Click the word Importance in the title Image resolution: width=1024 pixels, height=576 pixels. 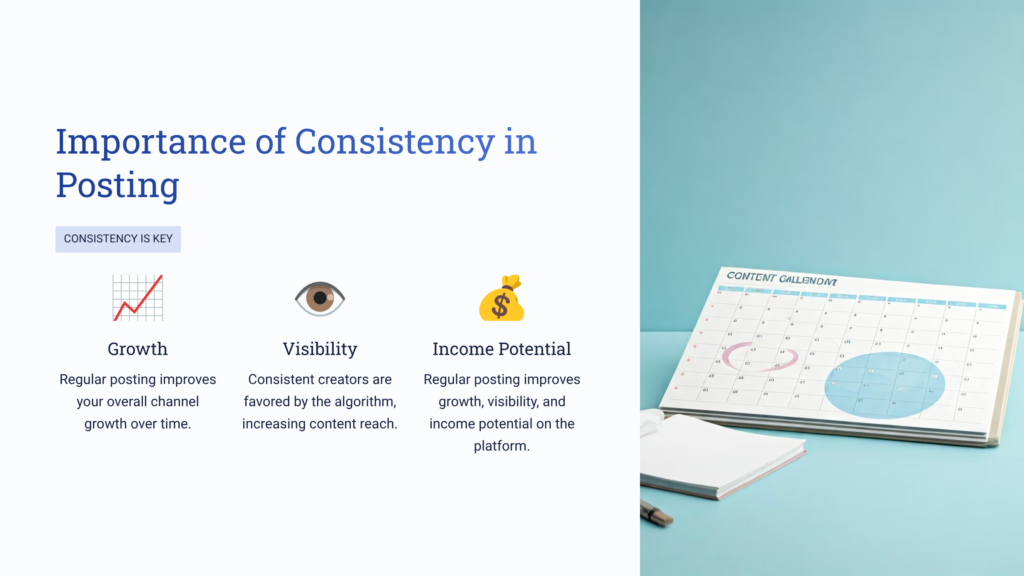point(150,142)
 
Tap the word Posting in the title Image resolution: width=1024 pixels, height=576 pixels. point(117,185)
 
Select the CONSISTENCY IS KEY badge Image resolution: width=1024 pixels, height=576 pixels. point(118,239)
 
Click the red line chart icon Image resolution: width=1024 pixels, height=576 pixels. point(137,298)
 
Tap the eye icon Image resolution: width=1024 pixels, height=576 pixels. point(320,298)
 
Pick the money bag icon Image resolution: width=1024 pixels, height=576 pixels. point(501,298)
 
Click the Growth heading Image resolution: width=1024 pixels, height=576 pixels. point(137,349)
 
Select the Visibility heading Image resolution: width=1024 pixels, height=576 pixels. point(320,349)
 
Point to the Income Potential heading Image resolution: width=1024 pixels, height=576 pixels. point(501,349)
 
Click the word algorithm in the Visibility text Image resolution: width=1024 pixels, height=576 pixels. point(360,402)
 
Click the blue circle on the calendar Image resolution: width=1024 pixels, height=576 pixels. point(885,384)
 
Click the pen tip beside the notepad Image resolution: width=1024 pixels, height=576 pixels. point(656,513)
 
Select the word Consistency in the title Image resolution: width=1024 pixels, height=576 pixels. point(394,142)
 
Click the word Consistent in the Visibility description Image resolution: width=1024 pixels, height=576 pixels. point(283,380)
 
